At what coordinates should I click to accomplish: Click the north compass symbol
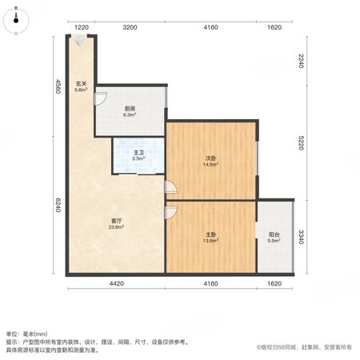click(x=16, y=20)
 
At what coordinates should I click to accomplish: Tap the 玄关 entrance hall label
click(x=81, y=84)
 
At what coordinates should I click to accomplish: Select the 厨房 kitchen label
click(x=130, y=109)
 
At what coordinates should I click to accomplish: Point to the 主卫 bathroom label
click(x=138, y=153)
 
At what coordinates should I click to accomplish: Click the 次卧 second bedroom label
click(x=210, y=158)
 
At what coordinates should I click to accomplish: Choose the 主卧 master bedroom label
click(x=210, y=234)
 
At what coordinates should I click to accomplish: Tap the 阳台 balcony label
click(x=274, y=234)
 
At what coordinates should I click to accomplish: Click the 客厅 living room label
click(x=116, y=221)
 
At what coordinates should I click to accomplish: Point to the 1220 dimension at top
click(x=82, y=27)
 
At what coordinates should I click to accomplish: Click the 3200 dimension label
click(x=130, y=27)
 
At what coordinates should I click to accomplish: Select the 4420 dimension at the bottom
click(x=117, y=284)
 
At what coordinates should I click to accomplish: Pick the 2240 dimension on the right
click(x=301, y=61)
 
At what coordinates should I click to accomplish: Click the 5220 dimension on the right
click(x=301, y=143)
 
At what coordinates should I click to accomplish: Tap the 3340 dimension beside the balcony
click(x=301, y=237)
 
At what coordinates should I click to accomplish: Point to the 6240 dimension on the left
click(x=58, y=205)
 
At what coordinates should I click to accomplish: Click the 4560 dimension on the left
click(x=58, y=86)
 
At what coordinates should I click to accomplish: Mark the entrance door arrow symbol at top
click(x=79, y=41)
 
